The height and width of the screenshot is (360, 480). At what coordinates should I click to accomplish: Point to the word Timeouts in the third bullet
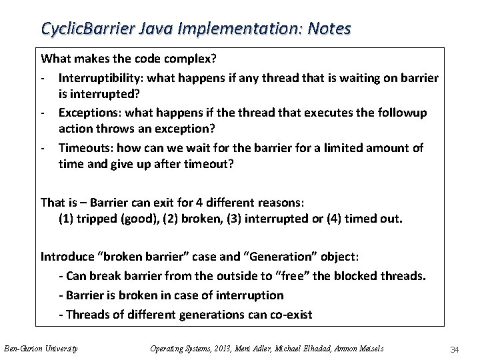click(83, 147)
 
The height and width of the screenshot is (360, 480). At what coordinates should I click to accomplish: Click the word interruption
click(250, 295)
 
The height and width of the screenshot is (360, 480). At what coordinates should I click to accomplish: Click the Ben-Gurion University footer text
click(41, 348)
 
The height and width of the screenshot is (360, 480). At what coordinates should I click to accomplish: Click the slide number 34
click(456, 349)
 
